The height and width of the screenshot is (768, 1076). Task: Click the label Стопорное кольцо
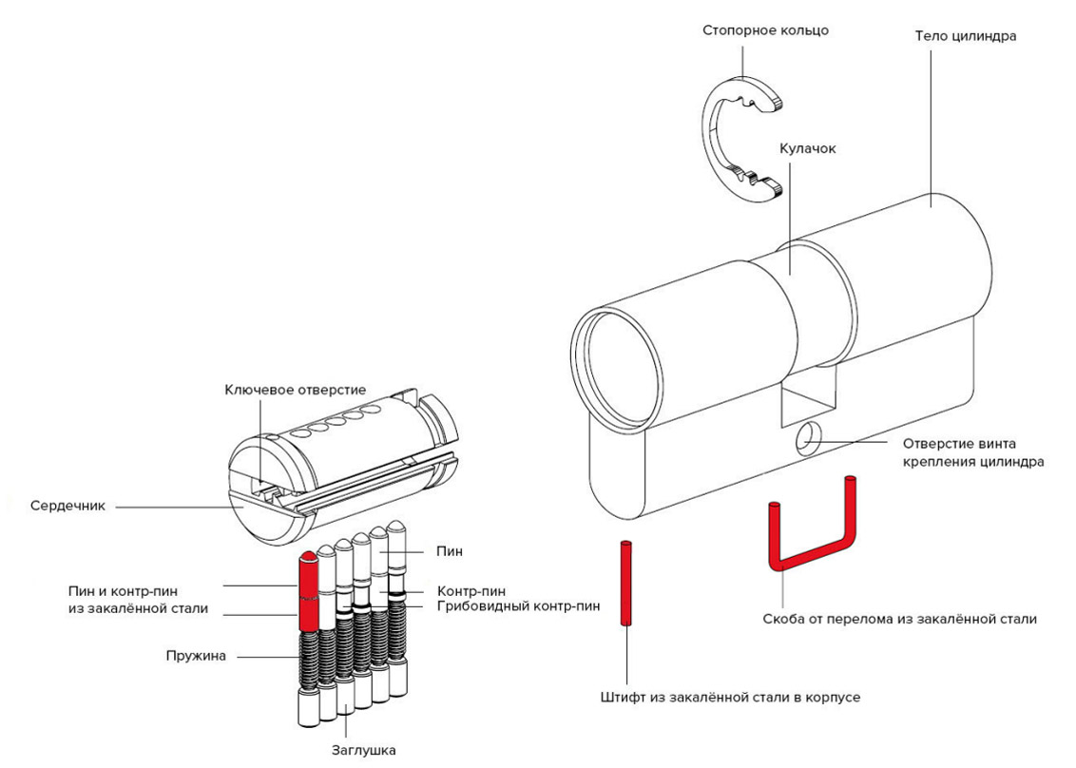(x=765, y=30)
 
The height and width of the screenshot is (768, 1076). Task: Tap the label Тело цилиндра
(x=966, y=37)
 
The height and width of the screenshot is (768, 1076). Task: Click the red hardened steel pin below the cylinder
(x=625, y=582)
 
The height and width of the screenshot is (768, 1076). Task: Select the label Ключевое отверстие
(x=295, y=390)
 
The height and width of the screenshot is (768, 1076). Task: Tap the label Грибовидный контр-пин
(x=518, y=605)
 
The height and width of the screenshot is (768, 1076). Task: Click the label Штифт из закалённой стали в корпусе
(x=730, y=697)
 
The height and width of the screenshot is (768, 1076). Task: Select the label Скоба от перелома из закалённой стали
(x=899, y=619)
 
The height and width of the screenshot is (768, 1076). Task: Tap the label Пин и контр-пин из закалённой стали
(x=139, y=599)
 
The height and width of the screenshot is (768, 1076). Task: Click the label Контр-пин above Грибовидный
(x=471, y=590)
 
